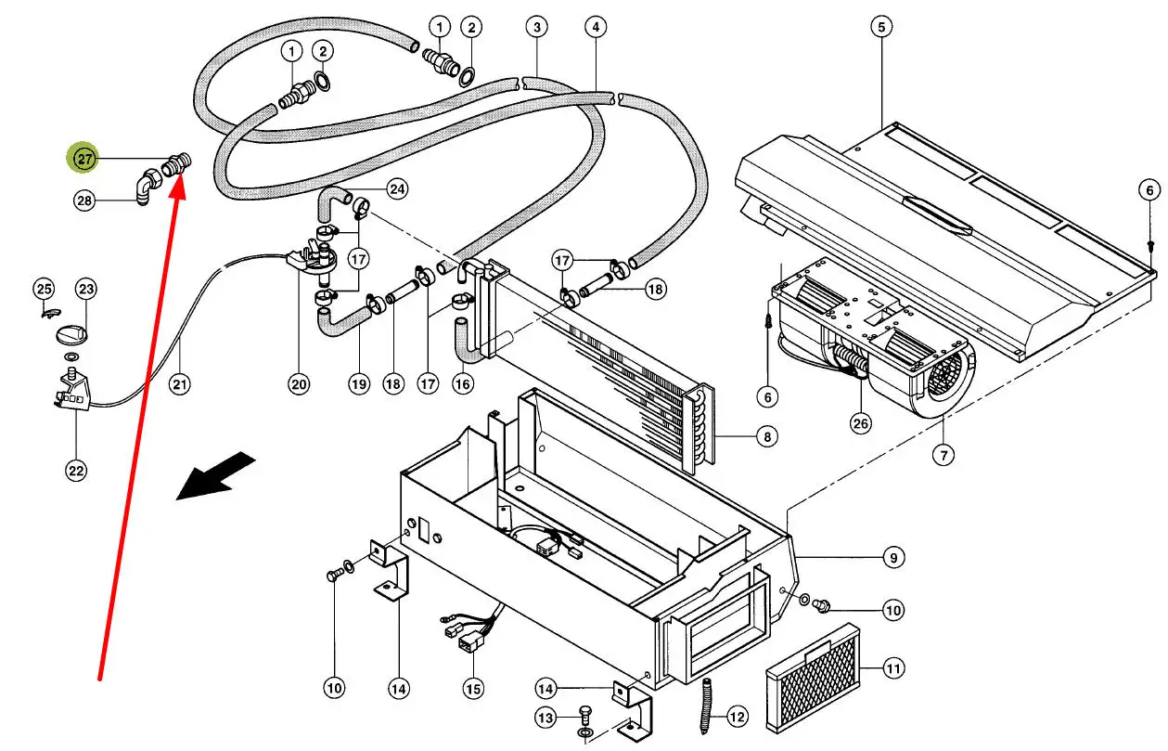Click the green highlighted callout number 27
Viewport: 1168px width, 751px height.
[x=85, y=160]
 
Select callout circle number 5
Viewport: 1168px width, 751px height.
[x=880, y=27]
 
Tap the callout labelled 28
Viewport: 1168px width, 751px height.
[x=85, y=200]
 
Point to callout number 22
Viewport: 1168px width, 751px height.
[x=76, y=471]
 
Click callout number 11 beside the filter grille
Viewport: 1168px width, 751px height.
[x=892, y=668]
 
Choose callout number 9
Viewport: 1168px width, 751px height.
[x=892, y=558]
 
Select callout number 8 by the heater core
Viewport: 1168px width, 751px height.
[x=765, y=436]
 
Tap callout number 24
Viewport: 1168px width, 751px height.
[x=397, y=190]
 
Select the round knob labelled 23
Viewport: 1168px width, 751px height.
[x=71, y=333]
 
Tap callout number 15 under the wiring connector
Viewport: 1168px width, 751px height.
[x=473, y=689]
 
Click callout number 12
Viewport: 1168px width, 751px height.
[x=737, y=717]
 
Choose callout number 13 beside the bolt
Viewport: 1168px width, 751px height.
[x=546, y=719]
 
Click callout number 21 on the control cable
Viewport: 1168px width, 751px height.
[x=180, y=383]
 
